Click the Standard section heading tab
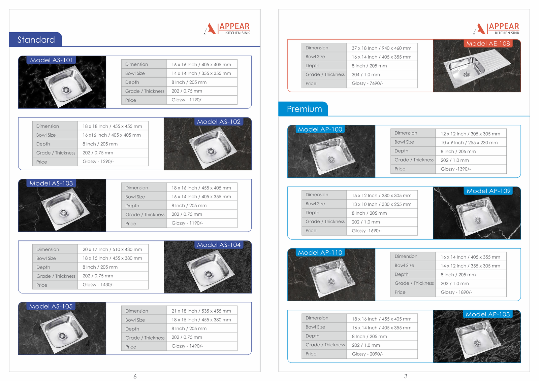(36, 39)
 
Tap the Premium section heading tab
(304, 109)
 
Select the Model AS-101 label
(51, 60)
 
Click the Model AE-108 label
(488, 43)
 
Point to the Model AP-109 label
(488, 191)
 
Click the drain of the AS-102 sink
(211, 151)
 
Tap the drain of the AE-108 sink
(466, 74)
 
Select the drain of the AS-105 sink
(62, 336)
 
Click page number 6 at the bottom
(135, 376)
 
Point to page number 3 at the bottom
(406, 376)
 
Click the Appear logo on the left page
(227, 29)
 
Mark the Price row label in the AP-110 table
(400, 292)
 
